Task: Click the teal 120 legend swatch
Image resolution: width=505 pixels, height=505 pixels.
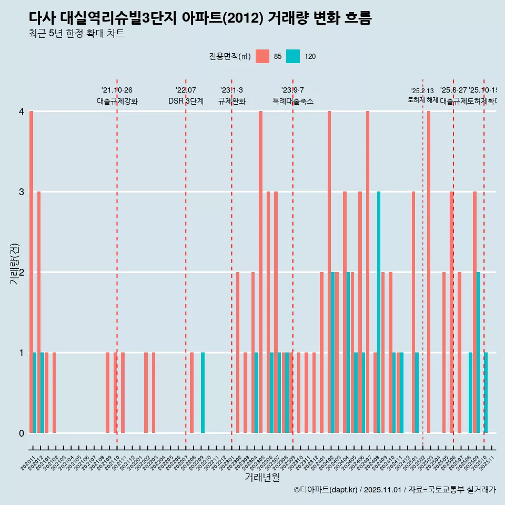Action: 293,56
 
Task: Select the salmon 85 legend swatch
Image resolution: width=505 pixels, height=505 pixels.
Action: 262,56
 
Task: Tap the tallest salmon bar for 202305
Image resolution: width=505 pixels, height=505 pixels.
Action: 260,271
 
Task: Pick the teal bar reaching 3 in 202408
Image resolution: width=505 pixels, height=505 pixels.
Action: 379,312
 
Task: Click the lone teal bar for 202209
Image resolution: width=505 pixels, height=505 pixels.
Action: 203,392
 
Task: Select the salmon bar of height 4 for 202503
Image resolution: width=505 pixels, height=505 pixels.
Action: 429,271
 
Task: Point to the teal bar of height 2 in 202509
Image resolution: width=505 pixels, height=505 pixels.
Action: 478,352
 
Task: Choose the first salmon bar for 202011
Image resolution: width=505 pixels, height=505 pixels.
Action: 32,271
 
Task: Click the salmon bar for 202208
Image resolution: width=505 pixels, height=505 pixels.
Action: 191,392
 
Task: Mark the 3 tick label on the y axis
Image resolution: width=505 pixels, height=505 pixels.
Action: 22,191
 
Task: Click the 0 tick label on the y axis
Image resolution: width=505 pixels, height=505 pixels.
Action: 22,433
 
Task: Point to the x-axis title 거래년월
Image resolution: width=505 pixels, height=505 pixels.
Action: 262,477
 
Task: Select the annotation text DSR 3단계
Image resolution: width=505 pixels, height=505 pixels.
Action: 186,101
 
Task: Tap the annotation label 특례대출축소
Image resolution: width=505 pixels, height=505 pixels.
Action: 292,101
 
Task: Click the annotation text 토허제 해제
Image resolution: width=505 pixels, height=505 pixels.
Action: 422,100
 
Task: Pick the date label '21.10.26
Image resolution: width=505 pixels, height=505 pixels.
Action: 117,90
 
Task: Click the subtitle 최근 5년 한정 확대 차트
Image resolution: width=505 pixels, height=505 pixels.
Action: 77,34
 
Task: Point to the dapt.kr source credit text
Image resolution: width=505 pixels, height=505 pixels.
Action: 395,490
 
